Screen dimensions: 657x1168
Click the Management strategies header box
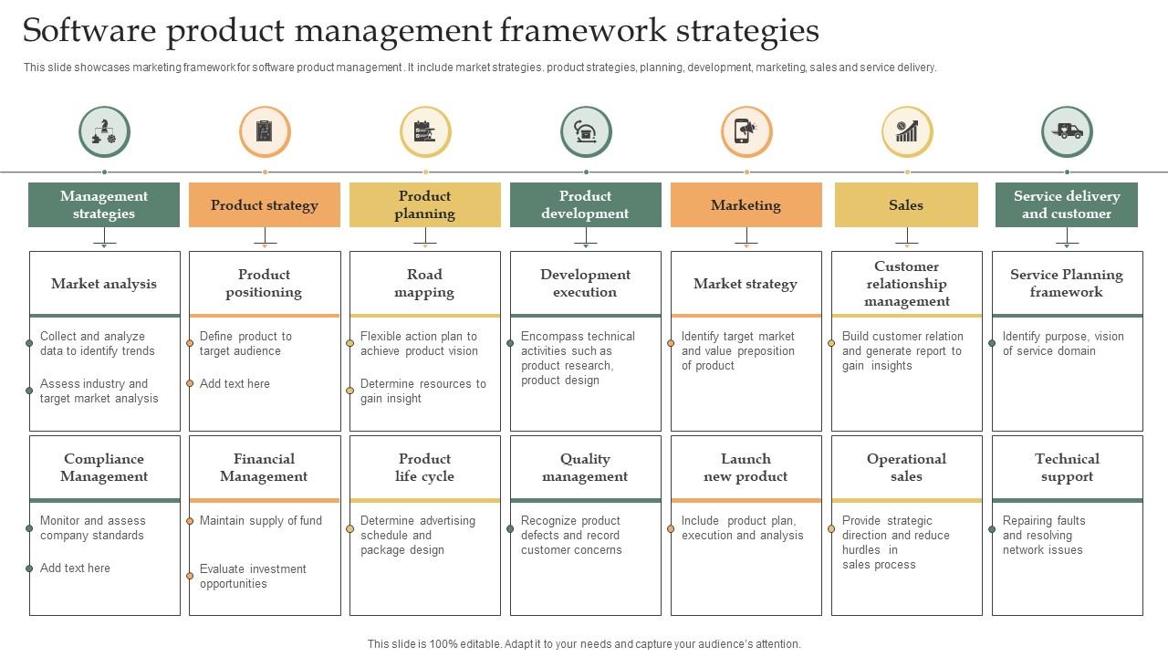click(x=104, y=204)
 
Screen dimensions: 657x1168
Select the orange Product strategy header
click(x=265, y=204)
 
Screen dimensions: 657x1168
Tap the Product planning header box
click(x=425, y=204)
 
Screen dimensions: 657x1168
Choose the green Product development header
click(x=586, y=204)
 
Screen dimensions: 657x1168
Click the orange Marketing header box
click(x=746, y=204)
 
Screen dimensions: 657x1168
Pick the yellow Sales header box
click(x=906, y=204)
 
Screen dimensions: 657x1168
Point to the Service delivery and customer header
click(x=1067, y=204)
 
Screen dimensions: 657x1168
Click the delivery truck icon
click(x=1067, y=131)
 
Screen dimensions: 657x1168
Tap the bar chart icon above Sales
click(x=907, y=131)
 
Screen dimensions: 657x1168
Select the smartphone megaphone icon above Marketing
click(x=746, y=131)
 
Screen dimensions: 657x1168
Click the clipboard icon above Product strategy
click(x=265, y=131)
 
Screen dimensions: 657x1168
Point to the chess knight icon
click(x=104, y=131)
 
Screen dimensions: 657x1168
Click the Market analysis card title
click(x=104, y=284)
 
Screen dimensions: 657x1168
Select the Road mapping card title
click(x=424, y=283)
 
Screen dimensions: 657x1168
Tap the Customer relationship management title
click(x=907, y=283)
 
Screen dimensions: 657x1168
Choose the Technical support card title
click(x=1067, y=467)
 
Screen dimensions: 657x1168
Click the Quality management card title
click(x=585, y=467)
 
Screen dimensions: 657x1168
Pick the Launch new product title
click(x=746, y=467)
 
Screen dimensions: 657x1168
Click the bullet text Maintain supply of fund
click(x=261, y=521)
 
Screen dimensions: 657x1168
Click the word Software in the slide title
click(x=89, y=31)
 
